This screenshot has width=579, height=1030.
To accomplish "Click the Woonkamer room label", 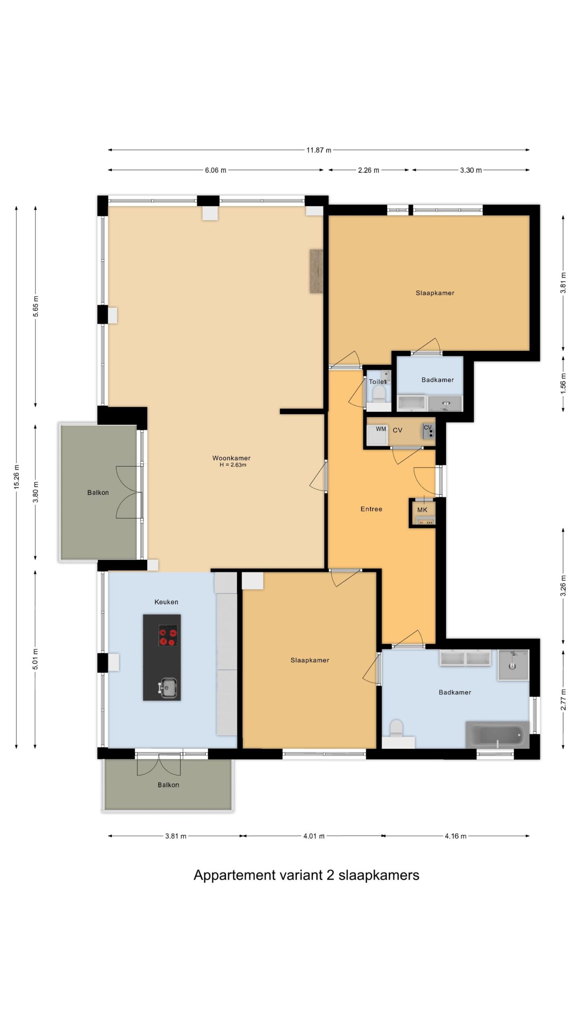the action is pyautogui.click(x=231, y=458).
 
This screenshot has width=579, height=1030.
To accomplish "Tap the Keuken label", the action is pyautogui.click(x=166, y=602).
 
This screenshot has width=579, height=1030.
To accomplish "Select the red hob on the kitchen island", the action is pyautogui.click(x=168, y=635).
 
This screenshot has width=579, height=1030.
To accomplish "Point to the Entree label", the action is pyautogui.click(x=371, y=509).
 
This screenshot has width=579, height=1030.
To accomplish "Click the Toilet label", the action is pyautogui.click(x=378, y=381).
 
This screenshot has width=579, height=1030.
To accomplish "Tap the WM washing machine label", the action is pyautogui.click(x=381, y=429).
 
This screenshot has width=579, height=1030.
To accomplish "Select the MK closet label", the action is pyautogui.click(x=422, y=510).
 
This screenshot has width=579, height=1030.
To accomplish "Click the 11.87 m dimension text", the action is pyautogui.click(x=319, y=150).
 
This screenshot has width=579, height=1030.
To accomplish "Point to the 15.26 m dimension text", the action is pyautogui.click(x=16, y=477).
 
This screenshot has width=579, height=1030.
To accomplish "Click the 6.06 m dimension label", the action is pyautogui.click(x=216, y=170).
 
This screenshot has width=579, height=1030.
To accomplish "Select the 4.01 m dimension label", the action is pyautogui.click(x=314, y=836).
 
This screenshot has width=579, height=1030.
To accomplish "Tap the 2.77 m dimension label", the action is pyautogui.click(x=563, y=700).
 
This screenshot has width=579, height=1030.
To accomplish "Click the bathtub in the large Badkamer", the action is pyautogui.click(x=497, y=735).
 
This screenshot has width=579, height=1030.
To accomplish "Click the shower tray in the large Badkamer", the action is pyautogui.click(x=513, y=665).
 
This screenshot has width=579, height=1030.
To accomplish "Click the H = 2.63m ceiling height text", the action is pyautogui.click(x=233, y=465).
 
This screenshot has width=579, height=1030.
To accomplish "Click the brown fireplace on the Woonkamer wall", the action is pyautogui.click(x=316, y=271).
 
